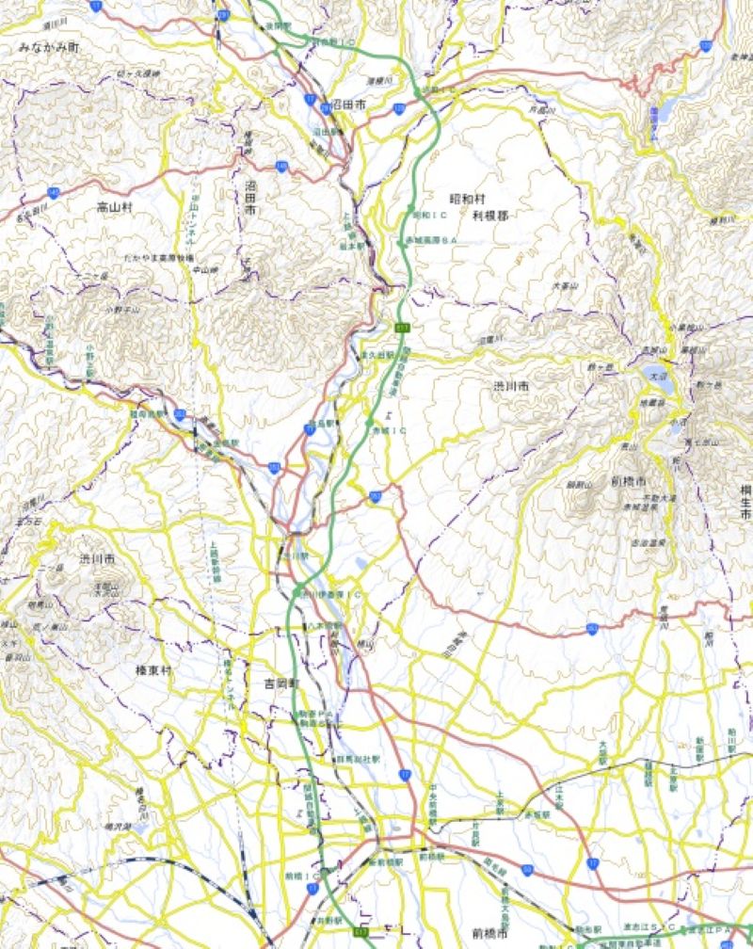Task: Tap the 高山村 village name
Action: click(115, 205)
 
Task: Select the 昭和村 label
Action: click(466, 200)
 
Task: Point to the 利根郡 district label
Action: click(489, 216)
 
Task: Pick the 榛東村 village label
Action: click(153, 669)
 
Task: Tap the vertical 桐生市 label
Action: click(745, 504)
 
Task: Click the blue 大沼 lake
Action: click(659, 381)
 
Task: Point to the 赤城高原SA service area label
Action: click(434, 242)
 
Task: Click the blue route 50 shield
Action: click(527, 870)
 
